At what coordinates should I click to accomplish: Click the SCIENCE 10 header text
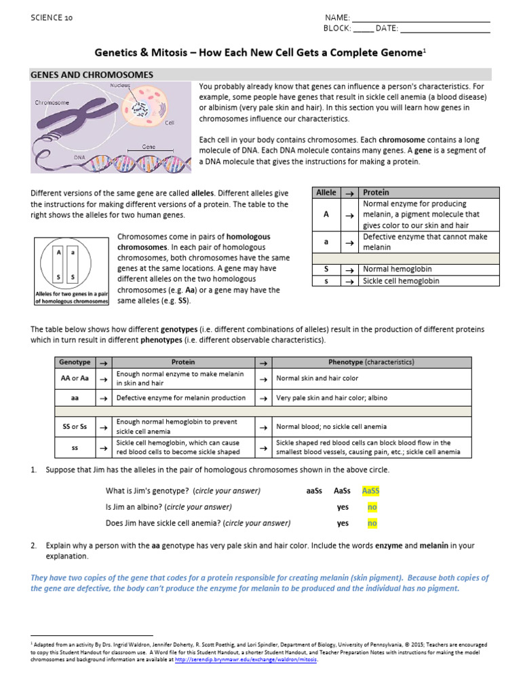pos(52,18)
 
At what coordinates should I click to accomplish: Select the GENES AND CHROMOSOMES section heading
pos(92,75)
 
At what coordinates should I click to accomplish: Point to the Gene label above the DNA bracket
pos(149,147)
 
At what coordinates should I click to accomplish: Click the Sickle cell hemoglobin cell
pos(401,281)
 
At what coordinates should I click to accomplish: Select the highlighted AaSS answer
pos(371,491)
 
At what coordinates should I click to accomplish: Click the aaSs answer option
pos(309,491)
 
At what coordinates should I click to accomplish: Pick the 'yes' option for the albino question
pos(343,507)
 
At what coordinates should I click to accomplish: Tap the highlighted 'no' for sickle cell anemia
pos(372,523)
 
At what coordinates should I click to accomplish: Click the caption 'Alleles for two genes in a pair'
pos(71,293)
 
